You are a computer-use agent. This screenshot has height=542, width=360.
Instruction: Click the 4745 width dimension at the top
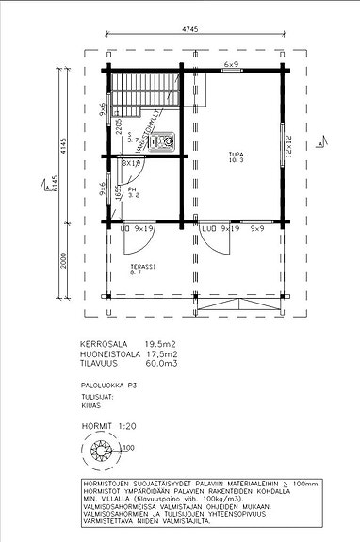tap(191, 30)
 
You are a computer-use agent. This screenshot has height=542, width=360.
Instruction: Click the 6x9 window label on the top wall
tap(230, 64)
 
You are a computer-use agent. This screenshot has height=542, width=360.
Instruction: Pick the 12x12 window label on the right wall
tap(290, 146)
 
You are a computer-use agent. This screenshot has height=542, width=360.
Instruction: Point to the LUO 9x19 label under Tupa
tap(219, 228)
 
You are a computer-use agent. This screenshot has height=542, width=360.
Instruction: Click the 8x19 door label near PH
tap(132, 163)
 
